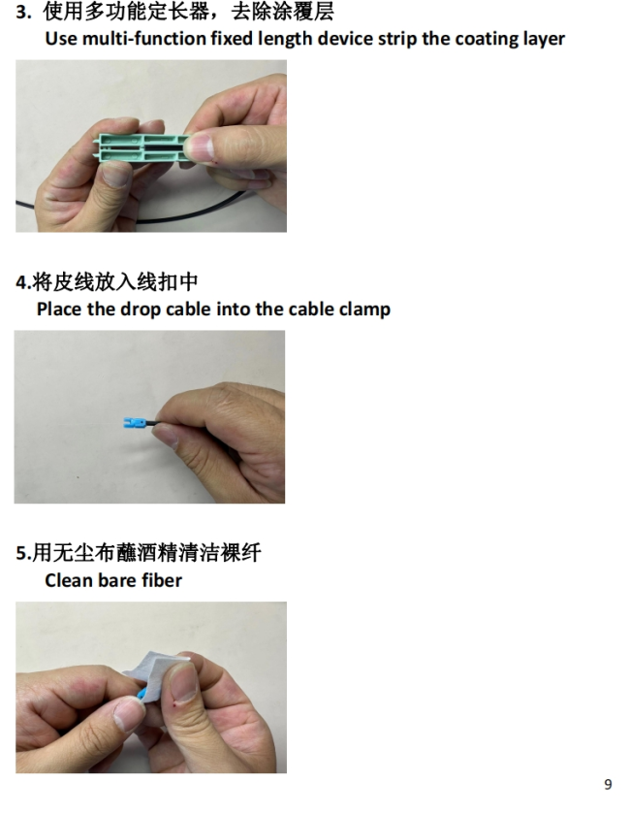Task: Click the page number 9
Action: [x=608, y=784]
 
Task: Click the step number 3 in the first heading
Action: [x=20, y=12]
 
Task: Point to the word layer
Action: [x=542, y=40]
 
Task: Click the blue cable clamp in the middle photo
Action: [x=135, y=423]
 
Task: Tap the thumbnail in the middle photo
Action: [x=165, y=433]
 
